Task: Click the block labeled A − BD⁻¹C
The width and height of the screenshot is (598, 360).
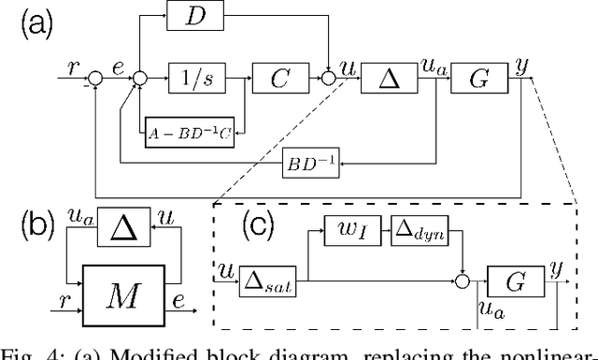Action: click(x=189, y=132)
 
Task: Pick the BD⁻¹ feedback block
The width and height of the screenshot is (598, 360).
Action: click(x=313, y=166)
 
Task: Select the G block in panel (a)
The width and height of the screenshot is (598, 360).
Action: click(x=477, y=79)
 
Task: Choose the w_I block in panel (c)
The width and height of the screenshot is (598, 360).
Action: click(x=351, y=229)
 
